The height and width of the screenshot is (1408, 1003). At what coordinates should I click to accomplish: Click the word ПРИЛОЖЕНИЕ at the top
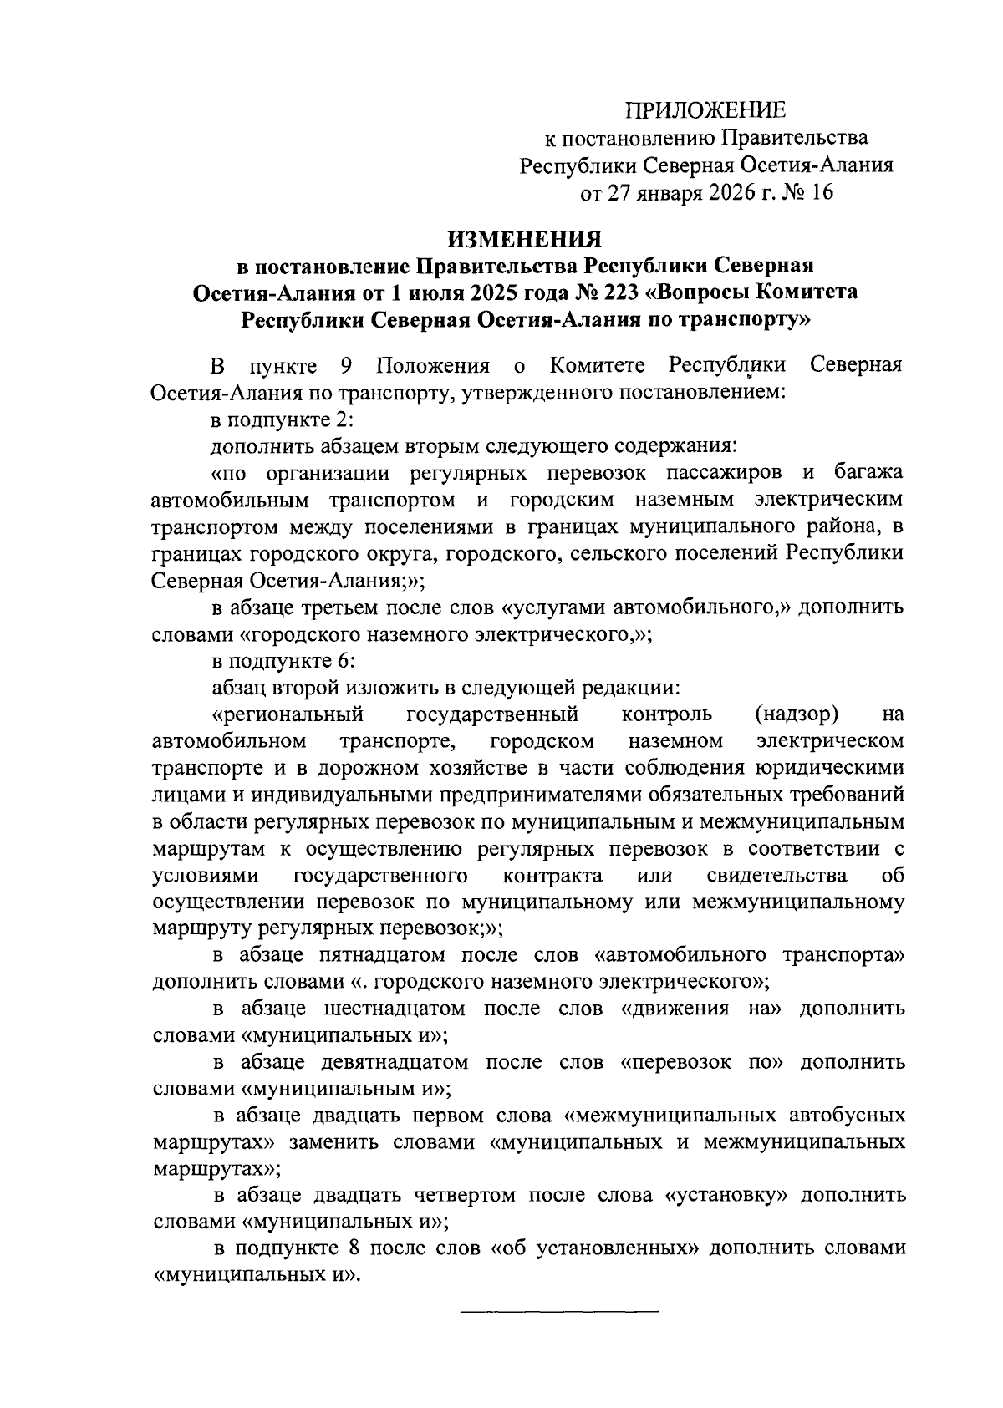706,109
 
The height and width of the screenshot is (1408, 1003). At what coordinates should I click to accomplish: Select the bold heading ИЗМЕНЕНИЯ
525,239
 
